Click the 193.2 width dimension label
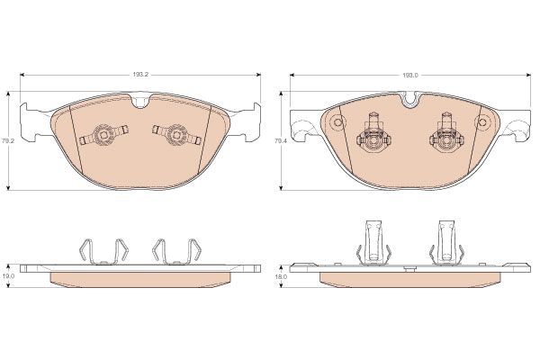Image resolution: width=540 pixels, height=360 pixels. click(x=140, y=75)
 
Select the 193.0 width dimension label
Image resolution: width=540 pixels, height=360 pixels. click(x=410, y=75)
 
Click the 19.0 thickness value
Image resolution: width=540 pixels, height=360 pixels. click(x=10, y=276)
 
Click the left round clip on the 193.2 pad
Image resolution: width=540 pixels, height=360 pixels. click(x=103, y=134)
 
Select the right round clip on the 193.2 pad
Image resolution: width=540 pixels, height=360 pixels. click(x=177, y=134)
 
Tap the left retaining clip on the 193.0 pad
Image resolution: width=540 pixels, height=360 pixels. click(x=374, y=134)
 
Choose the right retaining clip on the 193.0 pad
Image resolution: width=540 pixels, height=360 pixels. click(x=446, y=134)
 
